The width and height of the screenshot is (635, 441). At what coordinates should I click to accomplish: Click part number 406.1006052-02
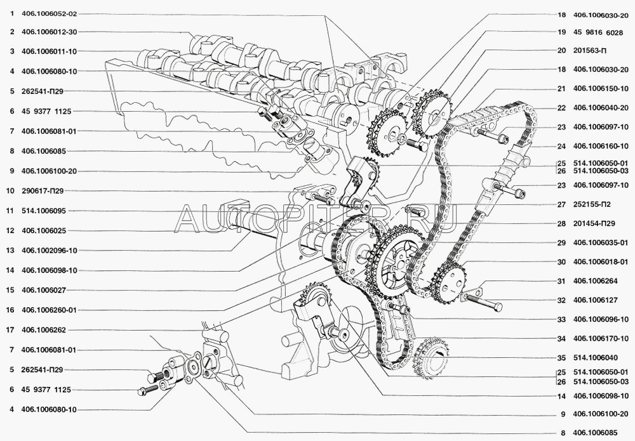[x=49, y=14]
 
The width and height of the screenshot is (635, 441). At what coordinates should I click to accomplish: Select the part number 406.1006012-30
[x=49, y=32]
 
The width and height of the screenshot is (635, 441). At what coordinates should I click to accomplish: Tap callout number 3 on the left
[x=12, y=51]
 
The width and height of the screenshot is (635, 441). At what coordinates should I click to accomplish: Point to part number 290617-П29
[x=43, y=190]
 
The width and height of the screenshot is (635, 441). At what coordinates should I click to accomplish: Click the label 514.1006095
[x=44, y=211]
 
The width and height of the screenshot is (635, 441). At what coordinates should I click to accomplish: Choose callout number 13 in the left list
[x=10, y=251]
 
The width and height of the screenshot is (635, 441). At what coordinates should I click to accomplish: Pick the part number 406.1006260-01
[x=49, y=310]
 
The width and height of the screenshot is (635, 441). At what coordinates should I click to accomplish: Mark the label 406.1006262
[x=44, y=330]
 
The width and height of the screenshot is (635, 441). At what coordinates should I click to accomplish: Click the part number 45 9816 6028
[x=598, y=33]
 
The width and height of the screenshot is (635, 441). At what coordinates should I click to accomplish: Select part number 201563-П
[x=590, y=51]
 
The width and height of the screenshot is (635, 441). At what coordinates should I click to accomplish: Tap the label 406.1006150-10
[x=601, y=89]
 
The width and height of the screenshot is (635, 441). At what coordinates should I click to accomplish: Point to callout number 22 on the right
[x=561, y=108]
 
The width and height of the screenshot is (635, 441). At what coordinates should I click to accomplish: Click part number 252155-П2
[x=592, y=204]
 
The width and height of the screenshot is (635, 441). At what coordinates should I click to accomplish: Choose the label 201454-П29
[x=594, y=223]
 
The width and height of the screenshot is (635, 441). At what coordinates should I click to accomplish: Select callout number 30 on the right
[x=561, y=262]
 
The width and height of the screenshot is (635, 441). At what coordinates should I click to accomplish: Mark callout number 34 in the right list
[x=561, y=339]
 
